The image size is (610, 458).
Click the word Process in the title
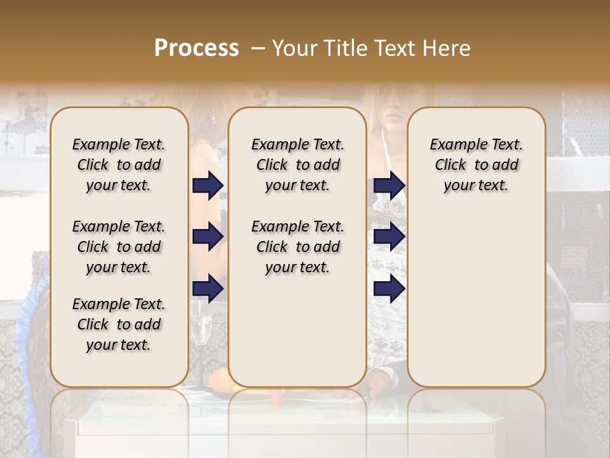click(x=196, y=48)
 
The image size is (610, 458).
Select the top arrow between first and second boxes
click(x=208, y=185)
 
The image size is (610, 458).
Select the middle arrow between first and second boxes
click(x=208, y=237)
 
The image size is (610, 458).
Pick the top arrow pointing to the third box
click(x=390, y=185)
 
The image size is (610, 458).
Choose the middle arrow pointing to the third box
click(x=390, y=237)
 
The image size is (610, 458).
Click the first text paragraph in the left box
click(x=119, y=165)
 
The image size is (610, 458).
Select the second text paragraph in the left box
click(x=119, y=247)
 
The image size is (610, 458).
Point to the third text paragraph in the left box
click(x=119, y=324)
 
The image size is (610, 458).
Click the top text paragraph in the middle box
click(x=297, y=165)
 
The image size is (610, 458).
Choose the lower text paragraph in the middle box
click(x=297, y=247)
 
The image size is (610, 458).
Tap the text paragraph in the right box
click(x=476, y=165)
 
